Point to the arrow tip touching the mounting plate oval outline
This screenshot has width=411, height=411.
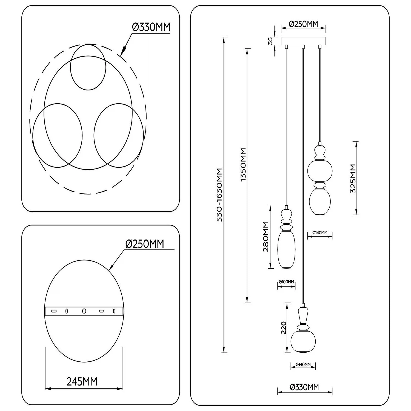(x=109, y=270)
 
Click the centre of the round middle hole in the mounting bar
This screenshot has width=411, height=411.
(x=84, y=311)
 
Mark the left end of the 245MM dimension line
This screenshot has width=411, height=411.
(x=45, y=388)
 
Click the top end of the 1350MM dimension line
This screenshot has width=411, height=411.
(x=247, y=49)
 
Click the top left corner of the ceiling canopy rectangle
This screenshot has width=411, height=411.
(x=281, y=37)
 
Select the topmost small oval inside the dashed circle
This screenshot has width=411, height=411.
(x=88, y=67)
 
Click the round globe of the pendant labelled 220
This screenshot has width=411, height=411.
(x=303, y=341)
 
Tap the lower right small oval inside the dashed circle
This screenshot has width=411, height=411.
(x=119, y=135)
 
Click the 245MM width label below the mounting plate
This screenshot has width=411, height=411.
(x=82, y=381)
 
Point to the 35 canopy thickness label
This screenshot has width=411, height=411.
(x=270, y=41)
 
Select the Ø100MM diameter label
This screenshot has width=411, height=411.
(x=286, y=282)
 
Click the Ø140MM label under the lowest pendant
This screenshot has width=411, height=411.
(x=303, y=364)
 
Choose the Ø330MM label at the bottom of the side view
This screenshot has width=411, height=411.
(x=304, y=387)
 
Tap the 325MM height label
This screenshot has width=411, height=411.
(x=353, y=178)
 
